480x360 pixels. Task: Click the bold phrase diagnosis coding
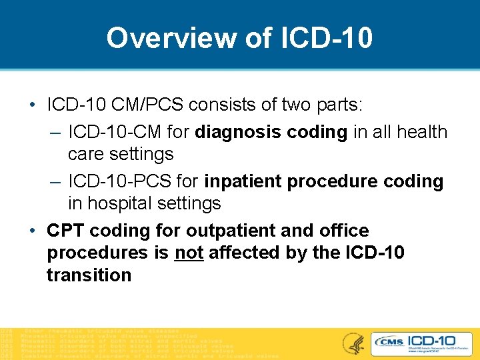click(271, 132)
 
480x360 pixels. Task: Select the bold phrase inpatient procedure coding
click(323, 181)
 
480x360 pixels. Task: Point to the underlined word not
click(189, 253)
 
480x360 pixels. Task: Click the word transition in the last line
click(89, 275)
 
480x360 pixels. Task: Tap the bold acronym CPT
click(65, 231)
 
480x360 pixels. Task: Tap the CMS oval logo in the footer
click(390, 342)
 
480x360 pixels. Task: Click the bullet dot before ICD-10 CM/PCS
click(32, 105)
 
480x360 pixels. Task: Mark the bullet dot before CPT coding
click(32, 231)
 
